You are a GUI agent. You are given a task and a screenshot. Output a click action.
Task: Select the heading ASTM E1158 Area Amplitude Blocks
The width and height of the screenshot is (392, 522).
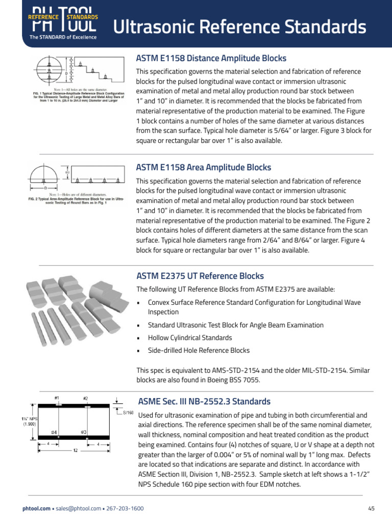[x=204, y=167]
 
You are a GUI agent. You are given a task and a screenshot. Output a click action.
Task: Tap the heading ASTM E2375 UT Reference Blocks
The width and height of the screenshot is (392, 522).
[x=200, y=276]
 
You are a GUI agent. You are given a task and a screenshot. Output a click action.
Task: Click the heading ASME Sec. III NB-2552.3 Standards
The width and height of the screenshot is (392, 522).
[x=205, y=401]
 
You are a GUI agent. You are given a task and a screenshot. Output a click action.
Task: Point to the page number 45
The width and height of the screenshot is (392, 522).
[x=371, y=509]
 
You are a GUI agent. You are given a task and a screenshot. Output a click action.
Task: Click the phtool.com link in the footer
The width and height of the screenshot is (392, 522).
[x=37, y=509]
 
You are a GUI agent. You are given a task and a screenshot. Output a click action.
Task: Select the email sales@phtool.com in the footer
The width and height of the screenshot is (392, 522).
[x=78, y=509]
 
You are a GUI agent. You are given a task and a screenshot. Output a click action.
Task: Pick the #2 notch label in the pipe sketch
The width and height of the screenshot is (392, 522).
[x=85, y=398]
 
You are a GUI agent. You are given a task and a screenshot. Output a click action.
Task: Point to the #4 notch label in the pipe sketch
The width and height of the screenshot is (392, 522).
[x=54, y=432]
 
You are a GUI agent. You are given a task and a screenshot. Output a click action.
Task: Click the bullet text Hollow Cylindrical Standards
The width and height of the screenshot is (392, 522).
[x=190, y=337]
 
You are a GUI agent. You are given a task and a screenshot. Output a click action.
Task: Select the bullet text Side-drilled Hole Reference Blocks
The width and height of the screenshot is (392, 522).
[x=199, y=350]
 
